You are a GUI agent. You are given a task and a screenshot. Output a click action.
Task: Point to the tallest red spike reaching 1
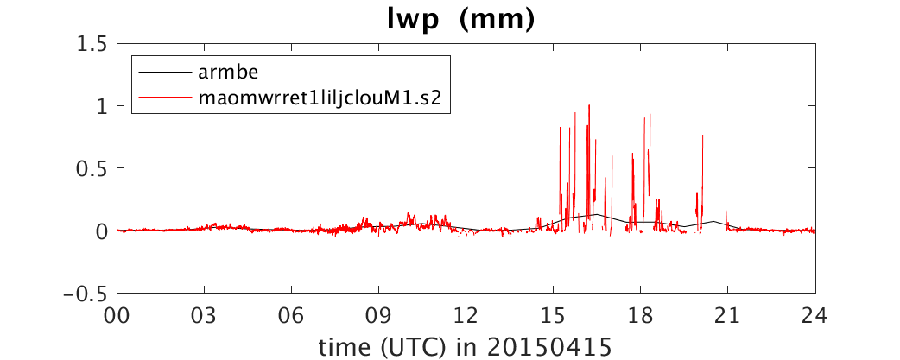click(589, 106)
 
